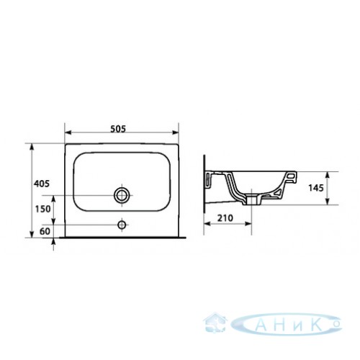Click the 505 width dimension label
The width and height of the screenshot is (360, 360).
tap(118, 129)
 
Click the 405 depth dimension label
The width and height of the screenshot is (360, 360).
tap(42, 184)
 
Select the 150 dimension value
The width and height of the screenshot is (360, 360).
tap(43, 209)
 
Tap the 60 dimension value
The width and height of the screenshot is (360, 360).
tap(45, 231)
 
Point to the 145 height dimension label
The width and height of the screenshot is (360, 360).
tap(316, 188)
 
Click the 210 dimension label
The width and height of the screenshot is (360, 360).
tap(225, 218)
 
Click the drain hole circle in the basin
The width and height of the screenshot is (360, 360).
tap(122, 195)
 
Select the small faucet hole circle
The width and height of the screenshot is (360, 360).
tap(122, 225)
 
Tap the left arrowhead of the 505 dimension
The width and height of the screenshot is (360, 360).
tap(68, 132)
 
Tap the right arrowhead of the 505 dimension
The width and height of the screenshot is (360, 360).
tap(176, 132)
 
